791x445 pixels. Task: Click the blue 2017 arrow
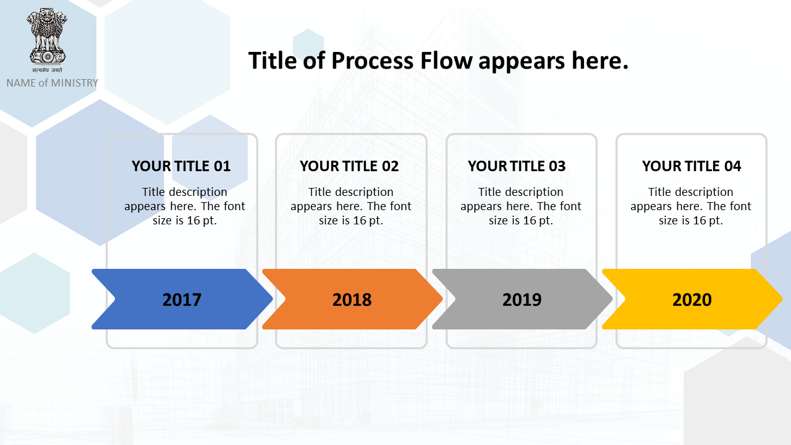coord(182,299)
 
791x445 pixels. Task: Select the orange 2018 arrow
coord(352,299)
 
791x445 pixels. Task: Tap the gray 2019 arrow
coord(523,299)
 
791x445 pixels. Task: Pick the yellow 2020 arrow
coord(693,299)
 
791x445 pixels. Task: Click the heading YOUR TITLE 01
coord(181,166)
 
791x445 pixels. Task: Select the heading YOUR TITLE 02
coord(349,166)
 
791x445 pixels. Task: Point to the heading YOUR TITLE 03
coord(517,166)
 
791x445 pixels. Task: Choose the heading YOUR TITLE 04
coord(692,166)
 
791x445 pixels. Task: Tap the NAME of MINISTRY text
coord(53,83)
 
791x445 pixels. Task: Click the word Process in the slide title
coord(372,61)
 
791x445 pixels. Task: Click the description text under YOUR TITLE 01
coord(184,206)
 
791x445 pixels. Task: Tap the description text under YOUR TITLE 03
coord(521,206)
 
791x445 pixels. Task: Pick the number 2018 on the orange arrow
coord(352,300)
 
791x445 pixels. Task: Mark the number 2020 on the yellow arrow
coord(692,300)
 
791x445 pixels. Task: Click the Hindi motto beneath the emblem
coord(48,70)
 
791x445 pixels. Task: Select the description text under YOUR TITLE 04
coord(691,206)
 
